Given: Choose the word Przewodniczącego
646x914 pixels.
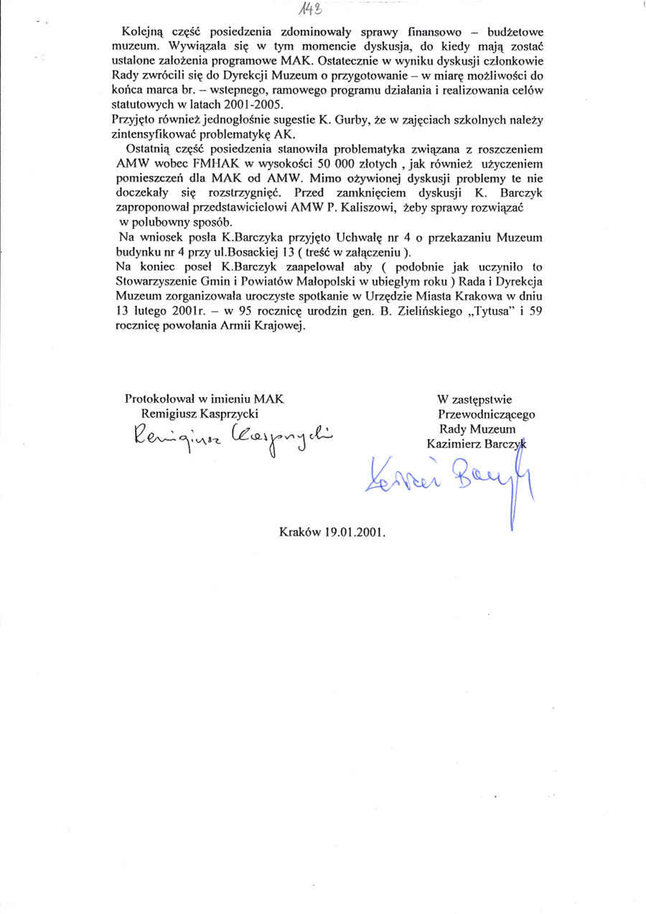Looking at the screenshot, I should click(485, 414).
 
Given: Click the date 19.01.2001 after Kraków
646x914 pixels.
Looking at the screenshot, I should click(354, 534).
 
